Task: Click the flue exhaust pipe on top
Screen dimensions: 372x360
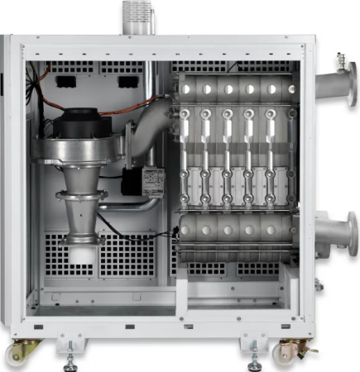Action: pos(136,17)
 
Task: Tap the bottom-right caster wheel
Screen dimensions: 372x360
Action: pos(289,354)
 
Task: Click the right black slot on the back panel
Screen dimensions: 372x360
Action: pos(127,81)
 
